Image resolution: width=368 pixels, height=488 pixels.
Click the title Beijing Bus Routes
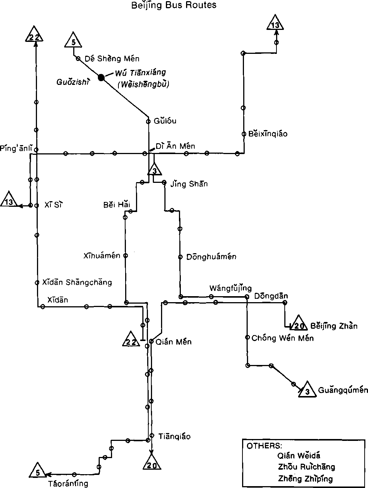174,5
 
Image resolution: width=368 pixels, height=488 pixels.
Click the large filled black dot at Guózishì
101,77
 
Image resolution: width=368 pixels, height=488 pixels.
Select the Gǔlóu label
165,121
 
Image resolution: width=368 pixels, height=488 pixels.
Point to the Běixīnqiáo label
268,133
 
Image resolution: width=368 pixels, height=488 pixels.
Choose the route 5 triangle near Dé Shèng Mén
74,41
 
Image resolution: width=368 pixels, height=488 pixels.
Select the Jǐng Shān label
189,184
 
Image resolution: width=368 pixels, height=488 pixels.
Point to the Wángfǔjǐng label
231,288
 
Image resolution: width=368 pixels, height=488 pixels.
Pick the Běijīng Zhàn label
334,326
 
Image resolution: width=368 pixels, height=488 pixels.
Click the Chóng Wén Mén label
282,338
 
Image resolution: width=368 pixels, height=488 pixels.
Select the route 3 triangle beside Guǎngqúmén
307,390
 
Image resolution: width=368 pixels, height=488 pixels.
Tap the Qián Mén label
173,342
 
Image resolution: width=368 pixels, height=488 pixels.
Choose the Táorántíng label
68,483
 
